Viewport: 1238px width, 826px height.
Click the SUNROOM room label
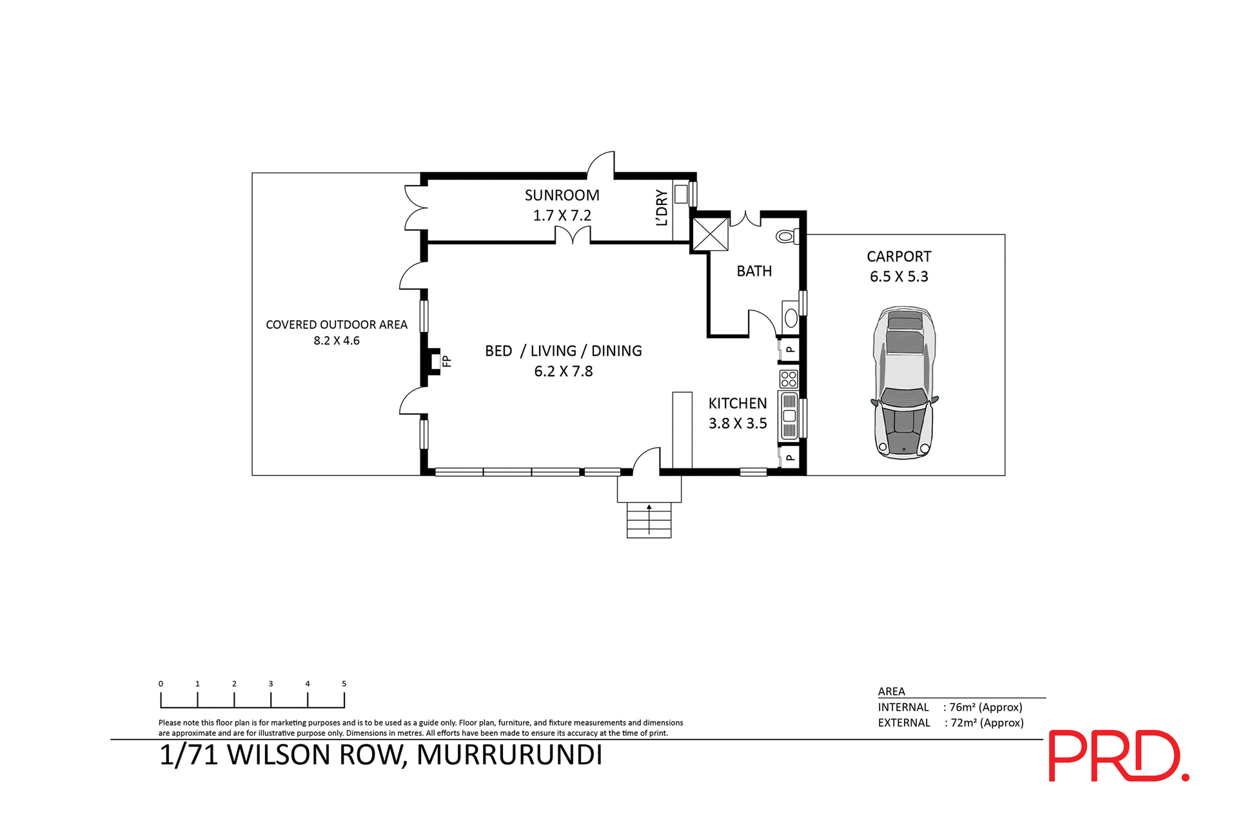(562, 195)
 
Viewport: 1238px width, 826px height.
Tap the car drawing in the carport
(904, 384)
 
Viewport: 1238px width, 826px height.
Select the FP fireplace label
(446, 361)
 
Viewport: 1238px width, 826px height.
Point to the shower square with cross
(710, 234)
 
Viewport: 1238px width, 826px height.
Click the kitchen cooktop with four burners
(789, 379)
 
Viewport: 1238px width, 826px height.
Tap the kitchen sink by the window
(789, 416)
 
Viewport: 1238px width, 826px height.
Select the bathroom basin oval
(791, 318)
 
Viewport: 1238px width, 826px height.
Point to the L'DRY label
(662, 207)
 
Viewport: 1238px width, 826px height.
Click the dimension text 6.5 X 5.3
(899, 277)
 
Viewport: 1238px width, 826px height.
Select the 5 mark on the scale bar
(344, 684)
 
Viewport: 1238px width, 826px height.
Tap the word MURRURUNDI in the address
(509, 755)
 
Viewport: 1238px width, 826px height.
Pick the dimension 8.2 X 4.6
(337, 341)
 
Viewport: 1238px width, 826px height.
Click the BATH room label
(754, 271)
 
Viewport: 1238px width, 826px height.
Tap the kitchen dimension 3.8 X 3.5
(738, 423)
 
